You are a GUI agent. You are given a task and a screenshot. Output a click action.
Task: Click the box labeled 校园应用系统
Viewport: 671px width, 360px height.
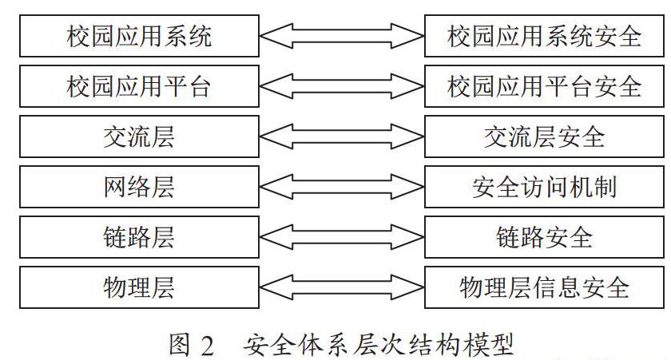point(139,36)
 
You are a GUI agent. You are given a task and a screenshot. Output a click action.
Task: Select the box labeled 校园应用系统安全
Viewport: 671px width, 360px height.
point(544,36)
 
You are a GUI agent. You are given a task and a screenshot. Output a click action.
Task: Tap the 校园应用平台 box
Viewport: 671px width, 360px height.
point(139,86)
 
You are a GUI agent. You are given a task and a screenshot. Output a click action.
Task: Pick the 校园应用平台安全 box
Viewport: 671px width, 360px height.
point(544,86)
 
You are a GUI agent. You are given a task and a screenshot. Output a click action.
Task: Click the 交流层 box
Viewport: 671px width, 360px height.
point(139,136)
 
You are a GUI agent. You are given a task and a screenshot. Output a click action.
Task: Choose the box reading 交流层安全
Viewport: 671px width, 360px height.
point(544,136)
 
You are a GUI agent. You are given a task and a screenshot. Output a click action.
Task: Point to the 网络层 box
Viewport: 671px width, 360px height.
point(139,187)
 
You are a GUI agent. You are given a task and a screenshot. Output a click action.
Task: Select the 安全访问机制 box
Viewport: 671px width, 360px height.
point(544,187)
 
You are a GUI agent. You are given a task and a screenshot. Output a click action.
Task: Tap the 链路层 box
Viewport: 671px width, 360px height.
point(139,237)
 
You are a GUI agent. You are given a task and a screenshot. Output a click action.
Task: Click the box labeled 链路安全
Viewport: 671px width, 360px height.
point(544,237)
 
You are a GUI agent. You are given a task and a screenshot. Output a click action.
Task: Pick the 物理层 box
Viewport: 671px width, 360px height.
point(139,287)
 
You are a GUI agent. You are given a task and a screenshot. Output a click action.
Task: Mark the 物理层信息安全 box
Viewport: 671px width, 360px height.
point(544,287)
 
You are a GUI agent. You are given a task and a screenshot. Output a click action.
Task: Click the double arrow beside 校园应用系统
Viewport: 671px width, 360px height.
point(342,36)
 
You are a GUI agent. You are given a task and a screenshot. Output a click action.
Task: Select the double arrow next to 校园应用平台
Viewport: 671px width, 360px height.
point(342,86)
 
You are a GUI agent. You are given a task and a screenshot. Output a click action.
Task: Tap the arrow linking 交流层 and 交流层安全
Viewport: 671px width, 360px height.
point(342,136)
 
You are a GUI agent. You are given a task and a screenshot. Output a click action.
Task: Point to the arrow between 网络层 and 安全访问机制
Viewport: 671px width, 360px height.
point(342,187)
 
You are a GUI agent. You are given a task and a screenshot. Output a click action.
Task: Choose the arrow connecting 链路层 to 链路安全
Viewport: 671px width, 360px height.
point(342,237)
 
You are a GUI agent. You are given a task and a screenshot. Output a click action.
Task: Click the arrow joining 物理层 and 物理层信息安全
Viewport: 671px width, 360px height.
point(342,287)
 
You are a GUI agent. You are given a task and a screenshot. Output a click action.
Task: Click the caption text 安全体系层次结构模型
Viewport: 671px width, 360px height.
point(379,345)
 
